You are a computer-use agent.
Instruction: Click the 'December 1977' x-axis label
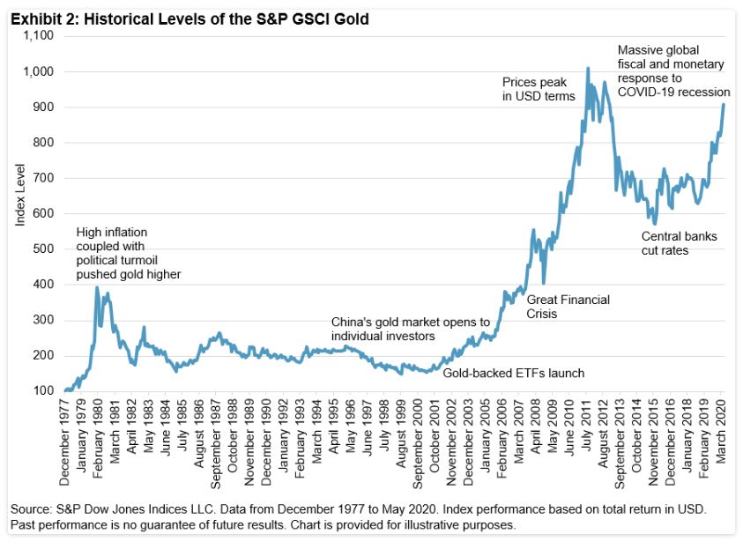tap(64, 445)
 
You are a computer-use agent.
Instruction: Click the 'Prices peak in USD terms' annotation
tap(539, 89)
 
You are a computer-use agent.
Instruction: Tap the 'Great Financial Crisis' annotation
tap(568, 306)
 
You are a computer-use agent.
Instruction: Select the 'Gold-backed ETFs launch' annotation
tap(513, 374)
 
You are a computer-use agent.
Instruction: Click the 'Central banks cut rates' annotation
tap(679, 243)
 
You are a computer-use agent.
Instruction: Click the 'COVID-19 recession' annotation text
tap(673, 92)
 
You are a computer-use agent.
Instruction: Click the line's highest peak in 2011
tap(588, 68)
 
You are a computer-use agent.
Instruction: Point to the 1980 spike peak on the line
tap(97, 287)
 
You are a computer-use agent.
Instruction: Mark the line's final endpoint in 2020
tap(724, 105)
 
